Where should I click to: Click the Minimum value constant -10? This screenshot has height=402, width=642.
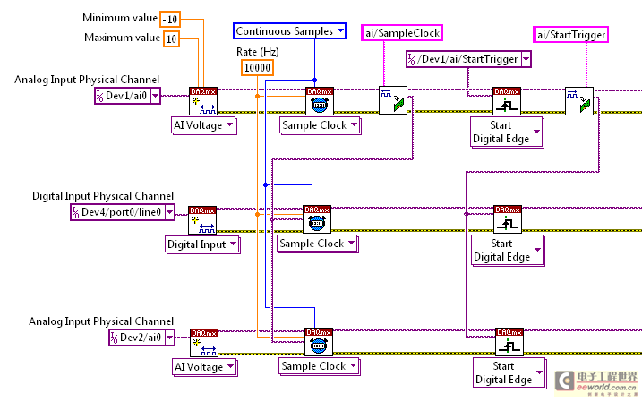pyautogui.click(x=171, y=19)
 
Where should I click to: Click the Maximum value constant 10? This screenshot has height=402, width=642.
pyautogui.click(x=171, y=38)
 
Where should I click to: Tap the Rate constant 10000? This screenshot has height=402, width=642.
pyautogui.click(x=257, y=67)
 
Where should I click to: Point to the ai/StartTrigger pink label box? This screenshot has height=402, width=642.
pyautogui.click(x=571, y=35)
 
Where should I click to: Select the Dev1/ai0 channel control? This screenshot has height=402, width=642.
pyautogui.click(x=128, y=96)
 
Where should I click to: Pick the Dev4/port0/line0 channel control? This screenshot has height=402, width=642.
pyautogui.click(x=117, y=212)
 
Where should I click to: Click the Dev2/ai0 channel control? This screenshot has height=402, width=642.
pyautogui.click(x=135, y=338)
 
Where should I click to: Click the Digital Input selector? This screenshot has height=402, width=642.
pyautogui.click(x=202, y=244)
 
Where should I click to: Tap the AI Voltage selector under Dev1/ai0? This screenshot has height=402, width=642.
pyautogui.click(x=204, y=125)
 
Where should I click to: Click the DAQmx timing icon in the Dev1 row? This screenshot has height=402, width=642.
pyautogui.click(x=319, y=100)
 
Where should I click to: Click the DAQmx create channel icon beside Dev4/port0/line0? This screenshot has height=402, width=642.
pyautogui.click(x=201, y=219)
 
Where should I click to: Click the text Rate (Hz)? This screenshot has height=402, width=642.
pyautogui.click(x=257, y=51)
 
